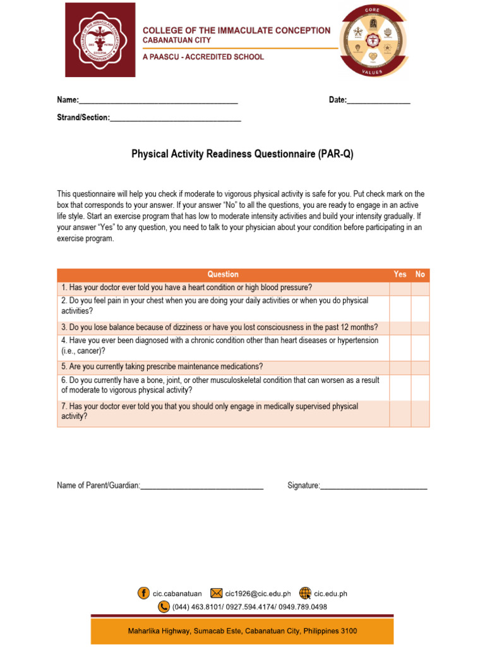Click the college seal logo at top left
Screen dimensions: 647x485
(x=100, y=40)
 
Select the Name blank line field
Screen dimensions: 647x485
(x=158, y=100)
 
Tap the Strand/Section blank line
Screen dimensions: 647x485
(x=175, y=118)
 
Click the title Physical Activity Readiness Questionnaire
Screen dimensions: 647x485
(x=242, y=154)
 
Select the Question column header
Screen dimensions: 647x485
(x=223, y=274)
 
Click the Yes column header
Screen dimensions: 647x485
(x=400, y=274)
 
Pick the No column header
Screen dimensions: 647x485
(x=420, y=274)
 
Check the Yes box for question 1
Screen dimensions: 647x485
(x=400, y=288)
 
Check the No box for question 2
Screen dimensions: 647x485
(x=420, y=307)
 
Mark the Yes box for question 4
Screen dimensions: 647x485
(x=400, y=347)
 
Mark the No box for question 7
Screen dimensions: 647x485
(x=420, y=413)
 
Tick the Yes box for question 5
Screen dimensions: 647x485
(x=400, y=367)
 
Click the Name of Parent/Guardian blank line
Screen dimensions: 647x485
(x=201, y=485)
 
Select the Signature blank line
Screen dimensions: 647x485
(x=373, y=485)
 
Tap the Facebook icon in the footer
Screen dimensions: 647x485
(x=143, y=593)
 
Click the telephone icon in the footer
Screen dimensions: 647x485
(x=164, y=607)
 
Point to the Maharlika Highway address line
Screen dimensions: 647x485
(x=242, y=631)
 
